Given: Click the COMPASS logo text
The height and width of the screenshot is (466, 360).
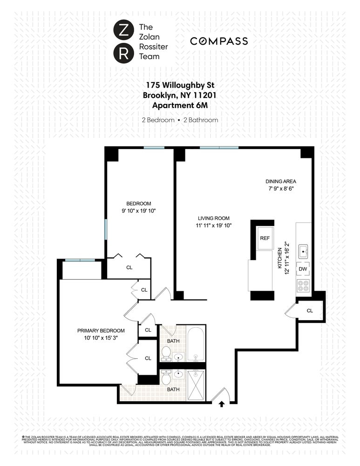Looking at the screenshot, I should [218, 41].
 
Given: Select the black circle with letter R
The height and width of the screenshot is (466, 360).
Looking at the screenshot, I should [122, 53].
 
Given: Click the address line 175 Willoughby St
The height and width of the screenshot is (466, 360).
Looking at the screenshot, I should [180, 85].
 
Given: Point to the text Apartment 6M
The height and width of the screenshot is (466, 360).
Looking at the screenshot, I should [180, 105].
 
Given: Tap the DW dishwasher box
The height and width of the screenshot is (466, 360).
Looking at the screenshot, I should [303, 269].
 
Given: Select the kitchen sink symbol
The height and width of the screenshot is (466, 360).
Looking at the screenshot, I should [303, 252].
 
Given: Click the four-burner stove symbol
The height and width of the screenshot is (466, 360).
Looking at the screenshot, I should [303, 286].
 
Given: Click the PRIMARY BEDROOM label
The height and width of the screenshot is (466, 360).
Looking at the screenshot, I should [101, 330].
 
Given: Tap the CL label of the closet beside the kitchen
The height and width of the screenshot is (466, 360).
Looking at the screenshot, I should [310, 310].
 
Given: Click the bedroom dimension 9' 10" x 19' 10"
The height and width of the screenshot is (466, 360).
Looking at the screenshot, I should [139, 211].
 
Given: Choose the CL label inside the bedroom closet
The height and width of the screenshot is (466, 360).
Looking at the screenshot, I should [129, 268].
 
